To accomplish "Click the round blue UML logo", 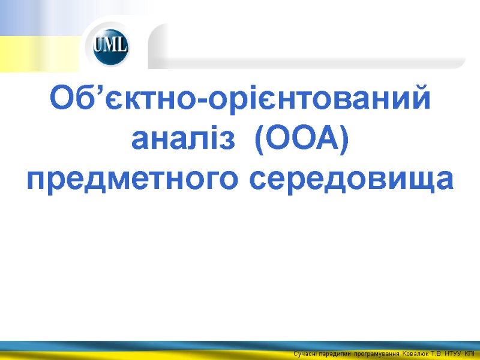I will [x=110, y=46].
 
